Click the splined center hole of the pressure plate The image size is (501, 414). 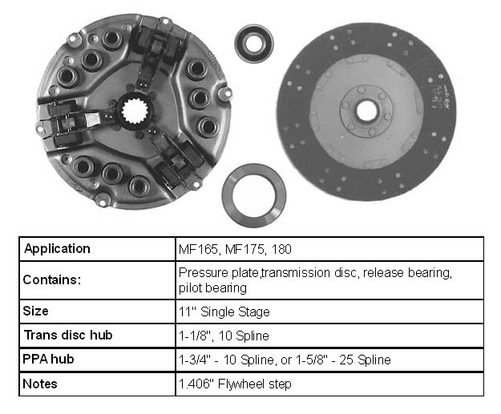[135, 111]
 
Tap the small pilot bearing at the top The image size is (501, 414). [254, 43]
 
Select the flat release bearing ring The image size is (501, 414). [254, 195]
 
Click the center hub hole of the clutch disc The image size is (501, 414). [366, 111]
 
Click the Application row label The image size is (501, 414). [57, 249]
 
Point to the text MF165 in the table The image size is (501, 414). [199, 249]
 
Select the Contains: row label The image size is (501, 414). [52, 279]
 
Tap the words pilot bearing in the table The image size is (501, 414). [212, 288]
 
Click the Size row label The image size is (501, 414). [35, 311]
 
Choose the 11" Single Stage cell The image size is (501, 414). [224, 312]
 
